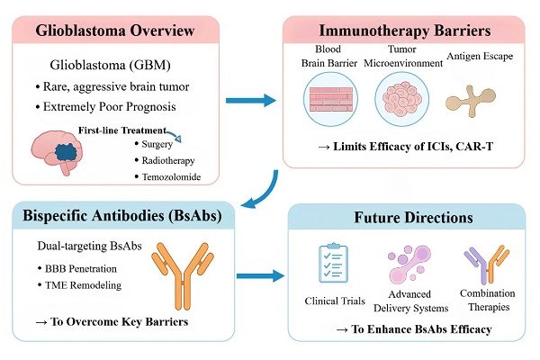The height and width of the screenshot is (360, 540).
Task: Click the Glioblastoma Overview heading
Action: [x=115, y=31]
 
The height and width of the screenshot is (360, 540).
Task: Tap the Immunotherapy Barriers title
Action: [x=405, y=31]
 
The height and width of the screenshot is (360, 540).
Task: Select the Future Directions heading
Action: [x=413, y=218]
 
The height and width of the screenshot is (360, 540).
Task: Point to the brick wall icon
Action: [x=331, y=99]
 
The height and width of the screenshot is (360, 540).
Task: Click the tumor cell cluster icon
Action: [x=402, y=99]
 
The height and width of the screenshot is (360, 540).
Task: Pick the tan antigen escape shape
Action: [x=471, y=100]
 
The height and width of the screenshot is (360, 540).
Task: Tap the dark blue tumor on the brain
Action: [x=67, y=152]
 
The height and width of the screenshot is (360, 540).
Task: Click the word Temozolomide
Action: [x=171, y=177]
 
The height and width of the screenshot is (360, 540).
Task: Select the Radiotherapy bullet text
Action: [x=168, y=160]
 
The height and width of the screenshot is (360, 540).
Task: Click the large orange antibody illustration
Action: [x=183, y=275]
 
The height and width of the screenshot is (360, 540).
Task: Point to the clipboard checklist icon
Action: [x=333, y=263]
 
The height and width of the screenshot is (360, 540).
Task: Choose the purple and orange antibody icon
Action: [x=486, y=264]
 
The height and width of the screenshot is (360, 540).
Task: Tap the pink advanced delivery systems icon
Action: [x=409, y=264]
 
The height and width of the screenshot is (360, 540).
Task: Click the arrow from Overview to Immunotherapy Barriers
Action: [x=251, y=100]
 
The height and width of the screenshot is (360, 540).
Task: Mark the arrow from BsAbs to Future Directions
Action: [x=261, y=275]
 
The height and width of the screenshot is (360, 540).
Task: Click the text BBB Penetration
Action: [x=81, y=269]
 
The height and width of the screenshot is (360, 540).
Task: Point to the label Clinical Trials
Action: [x=335, y=301]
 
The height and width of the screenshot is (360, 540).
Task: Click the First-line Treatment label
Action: [x=122, y=130]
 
